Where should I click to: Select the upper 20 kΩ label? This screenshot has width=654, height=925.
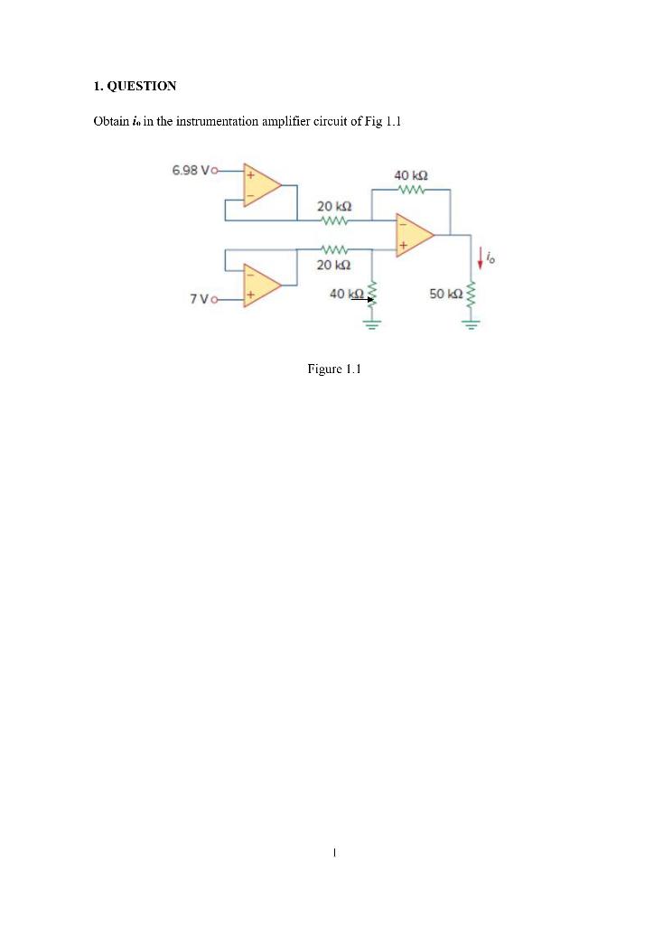point(333,207)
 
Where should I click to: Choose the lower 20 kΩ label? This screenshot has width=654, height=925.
point(333,265)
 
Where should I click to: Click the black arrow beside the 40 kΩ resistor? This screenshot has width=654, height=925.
point(364,298)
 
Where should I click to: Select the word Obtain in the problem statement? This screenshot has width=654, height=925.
point(109,121)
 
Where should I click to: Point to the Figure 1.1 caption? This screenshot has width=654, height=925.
point(334,369)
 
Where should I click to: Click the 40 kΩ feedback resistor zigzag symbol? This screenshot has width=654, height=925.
point(411,190)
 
